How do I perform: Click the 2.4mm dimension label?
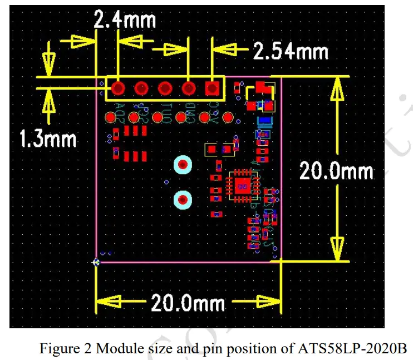[124, 21]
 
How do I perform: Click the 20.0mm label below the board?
[188, 303]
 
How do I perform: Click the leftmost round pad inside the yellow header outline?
[117, 88]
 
